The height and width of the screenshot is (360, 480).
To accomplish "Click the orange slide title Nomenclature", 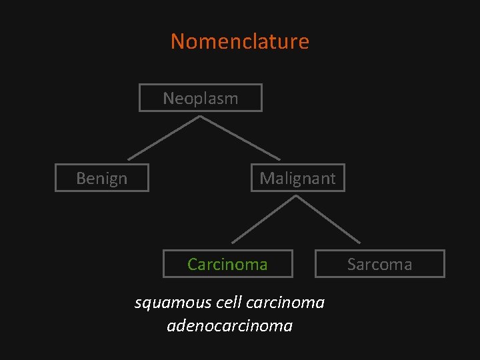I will [240, 41].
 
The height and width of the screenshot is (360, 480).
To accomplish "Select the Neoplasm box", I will [200, 98].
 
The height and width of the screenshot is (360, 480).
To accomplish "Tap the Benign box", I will [101, 178].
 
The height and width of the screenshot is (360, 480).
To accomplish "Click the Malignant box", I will [297, 178].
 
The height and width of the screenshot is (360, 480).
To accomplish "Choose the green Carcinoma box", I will [227, 264].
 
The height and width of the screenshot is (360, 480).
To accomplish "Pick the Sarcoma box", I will [379, 264].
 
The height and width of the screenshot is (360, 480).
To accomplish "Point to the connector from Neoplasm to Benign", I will [164, 138].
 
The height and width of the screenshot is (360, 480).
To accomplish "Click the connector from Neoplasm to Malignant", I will [231, 138].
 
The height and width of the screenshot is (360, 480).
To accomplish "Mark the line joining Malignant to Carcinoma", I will [265, 219].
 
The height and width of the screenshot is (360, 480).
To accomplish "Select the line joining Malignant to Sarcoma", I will [329, 219].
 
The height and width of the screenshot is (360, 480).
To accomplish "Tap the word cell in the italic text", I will [230, 303].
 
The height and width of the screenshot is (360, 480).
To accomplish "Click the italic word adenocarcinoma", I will [230, 326].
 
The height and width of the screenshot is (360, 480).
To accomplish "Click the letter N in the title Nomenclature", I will [178, 41].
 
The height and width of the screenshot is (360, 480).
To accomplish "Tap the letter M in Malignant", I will [266, 178].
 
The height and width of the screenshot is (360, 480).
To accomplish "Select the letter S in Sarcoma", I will [351, 264].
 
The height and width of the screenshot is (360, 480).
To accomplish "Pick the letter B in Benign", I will [81, 178].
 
